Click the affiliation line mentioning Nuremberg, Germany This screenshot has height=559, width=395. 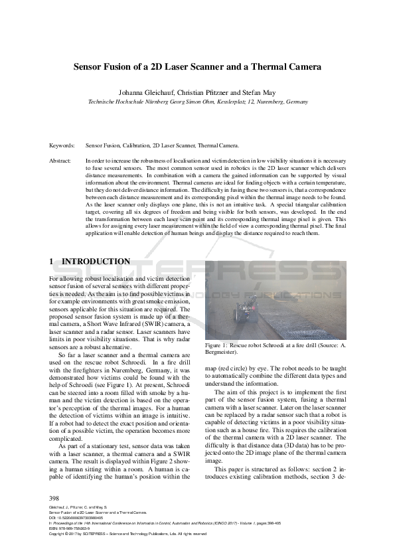click(x=198, y=102)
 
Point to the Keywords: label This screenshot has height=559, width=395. click(x=62, y=145)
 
